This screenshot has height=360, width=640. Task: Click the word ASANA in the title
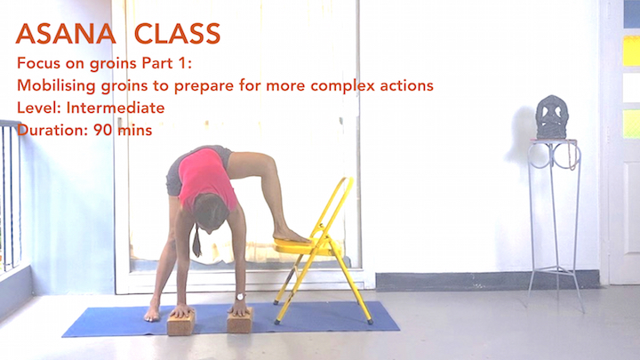click(x=66, y=34)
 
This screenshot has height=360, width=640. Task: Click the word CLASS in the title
click(x=179, y=34)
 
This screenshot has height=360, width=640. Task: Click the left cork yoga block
click(x=182, y=320)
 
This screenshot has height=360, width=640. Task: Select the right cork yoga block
click(x=239, y=319)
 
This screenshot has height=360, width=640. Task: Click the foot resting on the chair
click(x=290, y=236)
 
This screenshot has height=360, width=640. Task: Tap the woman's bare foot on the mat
click(x=154, y=312)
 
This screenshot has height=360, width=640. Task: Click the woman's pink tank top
click(x=206, y=176)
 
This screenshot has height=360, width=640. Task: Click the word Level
click(x=35, y=108)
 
